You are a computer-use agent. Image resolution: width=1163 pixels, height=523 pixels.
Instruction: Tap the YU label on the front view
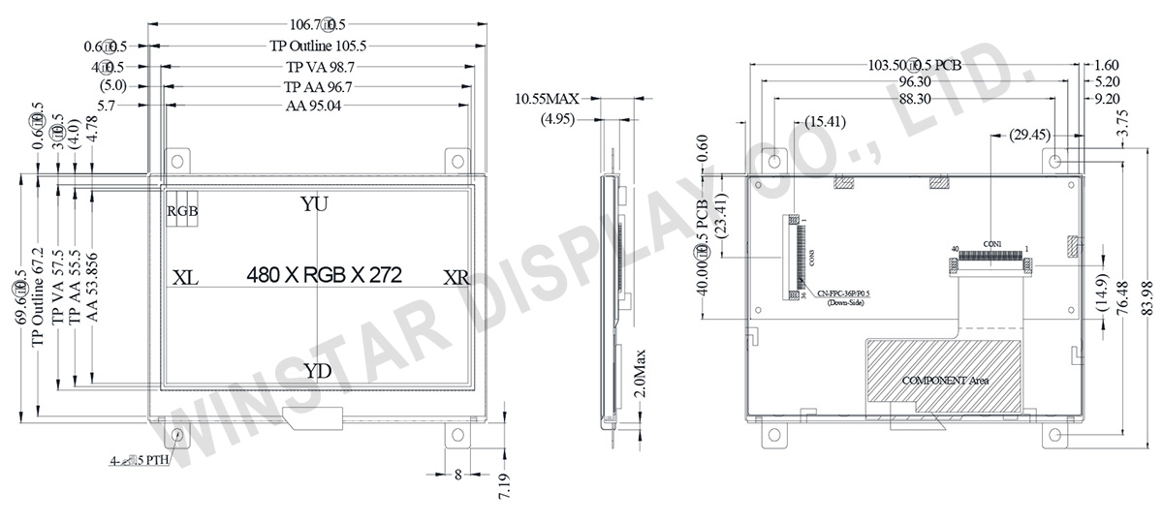pyautogui.click(x=314, y=204)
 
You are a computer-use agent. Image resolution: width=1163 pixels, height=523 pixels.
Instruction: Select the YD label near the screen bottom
pyautogui.click(x=317, y=371)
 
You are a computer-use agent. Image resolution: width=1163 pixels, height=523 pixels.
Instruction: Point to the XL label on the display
pyautogui.click(x=185, y=278)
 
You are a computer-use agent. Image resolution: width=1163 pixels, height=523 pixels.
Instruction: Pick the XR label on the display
pyautogui.click(x=456, y=278)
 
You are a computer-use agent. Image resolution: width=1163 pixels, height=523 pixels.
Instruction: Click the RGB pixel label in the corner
pyautogui.click(x=182, y=211)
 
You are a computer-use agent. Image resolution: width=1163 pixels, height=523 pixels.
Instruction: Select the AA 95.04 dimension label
pyautogui.click(x=317, y=106)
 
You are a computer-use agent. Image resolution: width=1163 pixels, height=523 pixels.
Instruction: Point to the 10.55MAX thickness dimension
pyautogui.click(x=547, y=99)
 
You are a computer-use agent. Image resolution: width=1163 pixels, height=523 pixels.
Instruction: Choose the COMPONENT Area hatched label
pyautogui.click(x=945, y=381)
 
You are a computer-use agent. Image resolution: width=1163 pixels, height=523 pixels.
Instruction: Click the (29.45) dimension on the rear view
pyautogui.click(x=1030, y=134)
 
